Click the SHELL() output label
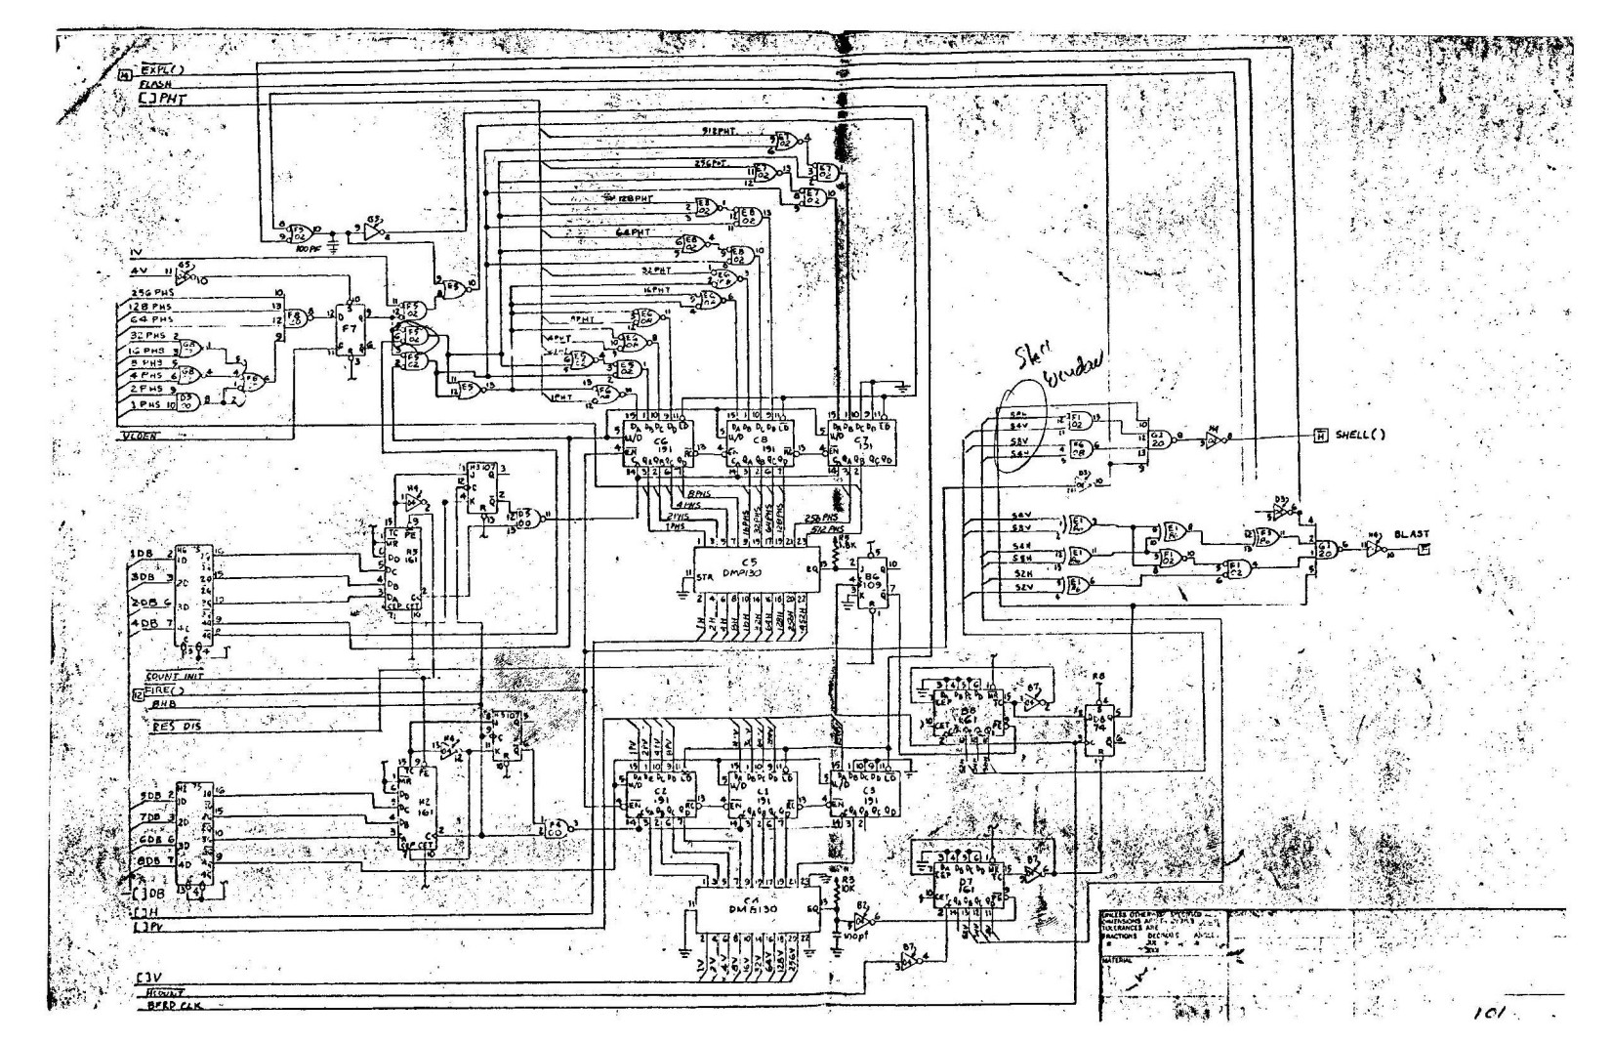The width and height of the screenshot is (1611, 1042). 1360,435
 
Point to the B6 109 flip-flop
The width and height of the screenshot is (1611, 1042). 865,584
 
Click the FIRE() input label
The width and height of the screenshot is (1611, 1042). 168,690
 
